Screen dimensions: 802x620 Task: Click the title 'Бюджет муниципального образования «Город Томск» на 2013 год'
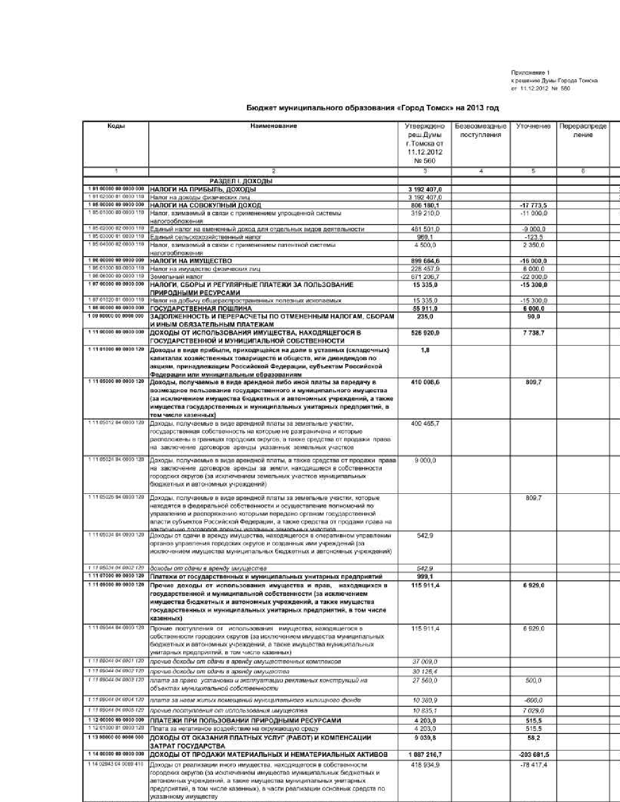[x=372, y=108]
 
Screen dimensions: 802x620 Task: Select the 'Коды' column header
[x=116, y=126]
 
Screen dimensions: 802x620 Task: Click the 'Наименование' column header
[x=273, y=126]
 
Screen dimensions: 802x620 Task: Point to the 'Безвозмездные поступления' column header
[x=480, y=130]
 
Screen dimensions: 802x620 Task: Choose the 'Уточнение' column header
[x=533, y=126]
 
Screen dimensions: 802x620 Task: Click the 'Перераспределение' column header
[x=583, y=130]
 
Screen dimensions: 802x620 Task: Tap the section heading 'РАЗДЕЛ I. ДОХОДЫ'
[x=241, y=181]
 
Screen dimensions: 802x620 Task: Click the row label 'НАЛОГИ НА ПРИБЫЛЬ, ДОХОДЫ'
[x=203, y=189]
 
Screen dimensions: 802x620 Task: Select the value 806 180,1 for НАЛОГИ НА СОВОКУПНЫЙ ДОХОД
[x=425, y=205]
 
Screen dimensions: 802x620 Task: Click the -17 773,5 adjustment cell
[x=533, y=205]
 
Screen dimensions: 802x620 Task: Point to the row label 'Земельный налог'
[x=170, y=277]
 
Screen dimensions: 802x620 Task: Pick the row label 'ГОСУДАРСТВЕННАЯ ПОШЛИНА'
[x=200, y=309]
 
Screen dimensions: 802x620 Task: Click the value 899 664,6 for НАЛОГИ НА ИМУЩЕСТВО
[x=425, y=261]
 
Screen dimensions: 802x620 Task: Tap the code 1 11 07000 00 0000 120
[x=116, y=576]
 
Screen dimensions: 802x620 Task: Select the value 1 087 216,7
[x=425, y=755]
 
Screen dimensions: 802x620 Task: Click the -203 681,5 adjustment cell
[x=533, y=755]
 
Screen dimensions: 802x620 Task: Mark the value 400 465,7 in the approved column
[x=425, y=423]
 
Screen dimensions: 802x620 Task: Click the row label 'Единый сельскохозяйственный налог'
[x=205, y=237]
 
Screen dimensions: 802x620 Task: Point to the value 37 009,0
[x=425, y=662]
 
